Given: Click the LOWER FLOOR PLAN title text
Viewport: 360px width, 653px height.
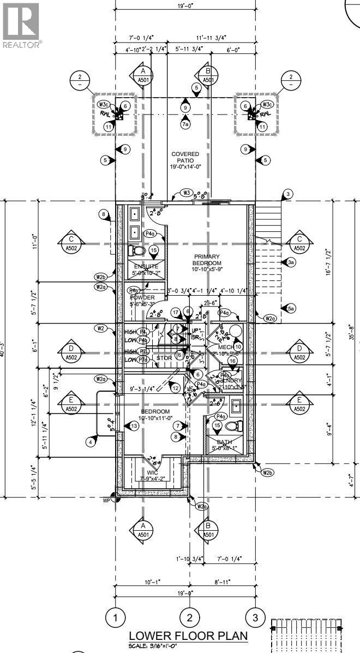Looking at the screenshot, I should [188, 636].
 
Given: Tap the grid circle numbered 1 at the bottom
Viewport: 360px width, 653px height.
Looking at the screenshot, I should [115, 618].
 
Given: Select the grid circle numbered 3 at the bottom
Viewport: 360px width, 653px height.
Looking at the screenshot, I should [254, 618].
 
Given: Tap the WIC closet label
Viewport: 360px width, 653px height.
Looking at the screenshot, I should [152, 475].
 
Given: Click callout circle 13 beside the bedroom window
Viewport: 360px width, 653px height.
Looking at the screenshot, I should [133, 426].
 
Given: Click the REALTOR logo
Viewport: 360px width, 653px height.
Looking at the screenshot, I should [20, 25].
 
